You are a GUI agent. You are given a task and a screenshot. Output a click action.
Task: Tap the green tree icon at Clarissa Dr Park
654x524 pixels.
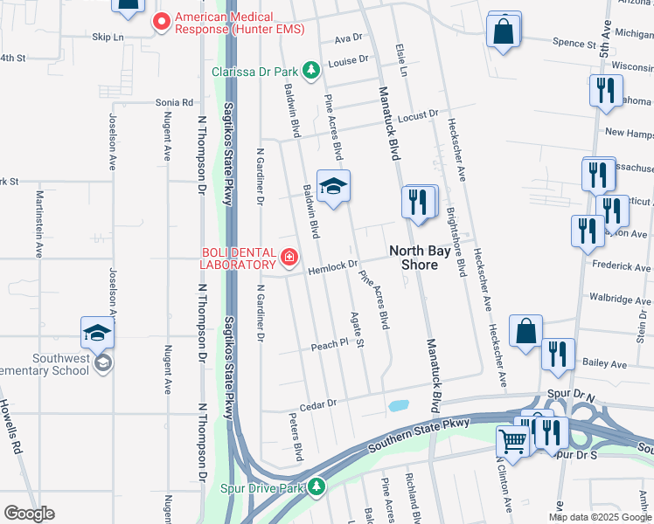point(309,71)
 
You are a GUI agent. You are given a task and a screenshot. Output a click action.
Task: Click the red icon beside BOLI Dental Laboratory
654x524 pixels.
point(289,258)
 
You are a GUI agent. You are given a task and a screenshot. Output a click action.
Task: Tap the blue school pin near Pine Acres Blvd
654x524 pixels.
point(333,187)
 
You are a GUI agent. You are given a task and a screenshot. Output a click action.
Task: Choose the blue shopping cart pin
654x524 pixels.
point(513,442)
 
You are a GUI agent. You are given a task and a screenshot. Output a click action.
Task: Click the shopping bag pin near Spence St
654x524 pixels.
point(504,31)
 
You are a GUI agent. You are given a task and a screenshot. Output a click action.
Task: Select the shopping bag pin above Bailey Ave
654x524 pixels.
point(525,332)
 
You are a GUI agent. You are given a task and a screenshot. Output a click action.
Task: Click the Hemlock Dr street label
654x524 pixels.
point(333,264)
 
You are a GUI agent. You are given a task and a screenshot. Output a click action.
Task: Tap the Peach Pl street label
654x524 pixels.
point(330,346)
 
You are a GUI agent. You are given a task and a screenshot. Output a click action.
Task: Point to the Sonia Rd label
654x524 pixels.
point(174,102)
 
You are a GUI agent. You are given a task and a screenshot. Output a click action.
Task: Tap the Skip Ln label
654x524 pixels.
point(108,38)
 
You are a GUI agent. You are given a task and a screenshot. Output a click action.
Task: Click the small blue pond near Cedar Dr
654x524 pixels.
point(398,406)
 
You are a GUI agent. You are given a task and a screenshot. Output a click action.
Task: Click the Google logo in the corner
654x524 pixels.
point(29,514)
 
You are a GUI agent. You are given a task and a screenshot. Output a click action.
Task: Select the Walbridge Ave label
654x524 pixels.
point(620,299)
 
